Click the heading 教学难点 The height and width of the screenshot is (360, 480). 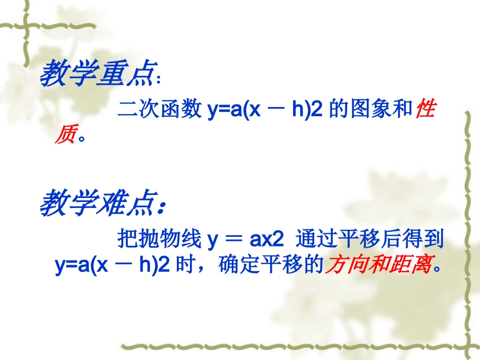point(96,203)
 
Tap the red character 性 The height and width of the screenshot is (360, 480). point(425,109)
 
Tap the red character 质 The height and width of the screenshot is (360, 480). point(65,135)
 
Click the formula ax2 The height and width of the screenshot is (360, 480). point(268,239)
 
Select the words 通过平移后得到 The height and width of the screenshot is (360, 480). point(370,239)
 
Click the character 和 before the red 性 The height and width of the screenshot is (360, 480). point(403,109)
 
